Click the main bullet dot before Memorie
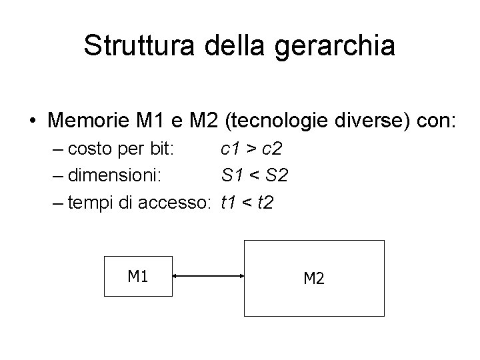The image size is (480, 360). tap(32, 123)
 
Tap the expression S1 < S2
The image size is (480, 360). tap(255, 175)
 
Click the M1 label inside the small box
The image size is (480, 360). tap(137, 275)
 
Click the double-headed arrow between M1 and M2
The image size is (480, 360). tap(209, 275)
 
